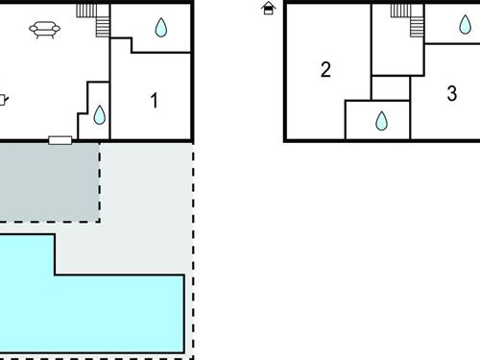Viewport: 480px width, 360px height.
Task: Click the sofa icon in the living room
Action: (x=45, y=31)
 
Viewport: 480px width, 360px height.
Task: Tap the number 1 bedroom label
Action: (x=155, y=99)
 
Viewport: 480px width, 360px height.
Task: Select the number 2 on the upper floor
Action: (x=325, y=69)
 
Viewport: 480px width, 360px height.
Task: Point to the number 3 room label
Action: (x=452, y=93)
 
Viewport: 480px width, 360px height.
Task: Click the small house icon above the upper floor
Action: (x=268, y=9)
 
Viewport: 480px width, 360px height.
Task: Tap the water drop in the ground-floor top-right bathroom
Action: (x=160, y=28)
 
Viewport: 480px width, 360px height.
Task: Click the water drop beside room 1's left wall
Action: (x=99, y=115)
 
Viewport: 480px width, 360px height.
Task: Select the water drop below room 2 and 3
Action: (x=381, y=121)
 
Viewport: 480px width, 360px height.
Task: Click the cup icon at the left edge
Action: (x=3, y=98)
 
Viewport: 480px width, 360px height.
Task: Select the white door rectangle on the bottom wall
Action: (x=60, y=141)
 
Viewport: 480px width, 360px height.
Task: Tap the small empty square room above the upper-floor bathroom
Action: (x=390, y=87)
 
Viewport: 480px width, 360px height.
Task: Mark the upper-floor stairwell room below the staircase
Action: (x=397, y=53)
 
